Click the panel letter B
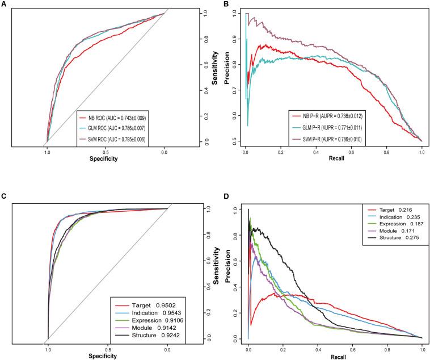[x=226, y=4]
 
